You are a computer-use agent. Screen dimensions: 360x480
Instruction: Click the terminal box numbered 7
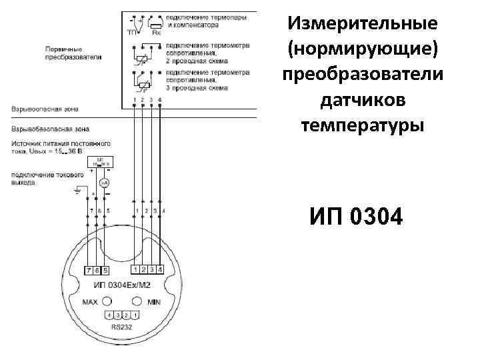point(89,270)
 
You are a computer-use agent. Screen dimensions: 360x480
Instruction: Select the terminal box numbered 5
point(105,270)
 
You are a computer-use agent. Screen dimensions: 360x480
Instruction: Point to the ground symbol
point(77,192)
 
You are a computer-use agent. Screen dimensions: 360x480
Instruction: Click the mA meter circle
point(104,182)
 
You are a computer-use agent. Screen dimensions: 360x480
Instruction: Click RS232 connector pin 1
point(135,315)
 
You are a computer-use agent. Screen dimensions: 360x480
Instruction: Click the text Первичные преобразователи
point(73,53)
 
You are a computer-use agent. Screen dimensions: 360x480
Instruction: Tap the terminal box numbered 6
point(97,270)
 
